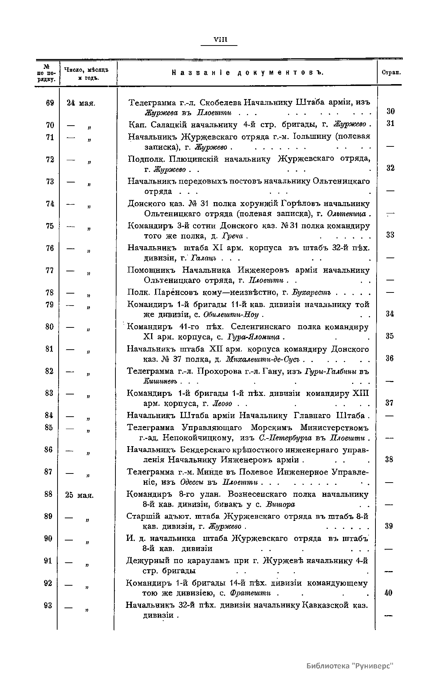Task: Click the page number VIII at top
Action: point(219,40)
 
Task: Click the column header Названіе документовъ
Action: point(248,72)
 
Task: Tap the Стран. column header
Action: point(391,72)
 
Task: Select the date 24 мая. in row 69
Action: point(81,103)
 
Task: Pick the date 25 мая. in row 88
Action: point(80,495)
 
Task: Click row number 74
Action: point(50,204)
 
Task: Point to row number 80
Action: point(50,327)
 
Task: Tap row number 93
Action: point(48,605)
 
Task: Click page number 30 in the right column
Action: point(390,111)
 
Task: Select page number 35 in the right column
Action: point(390,336)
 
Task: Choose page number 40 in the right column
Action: point(389,593)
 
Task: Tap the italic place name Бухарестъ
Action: point(311,292)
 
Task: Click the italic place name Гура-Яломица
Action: point(253,337)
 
